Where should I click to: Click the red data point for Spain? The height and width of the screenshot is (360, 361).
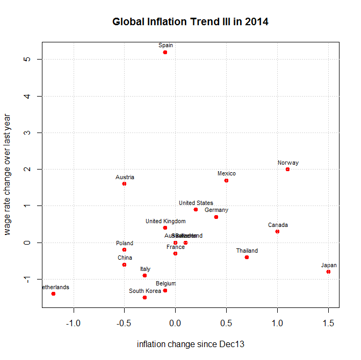[165, 52]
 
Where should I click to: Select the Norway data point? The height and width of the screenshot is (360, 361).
[287, 169]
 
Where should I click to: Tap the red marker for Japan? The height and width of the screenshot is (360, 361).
[328, 271]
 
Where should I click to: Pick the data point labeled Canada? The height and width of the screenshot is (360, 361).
[277, 231]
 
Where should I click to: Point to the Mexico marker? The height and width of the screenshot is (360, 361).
[226, 180]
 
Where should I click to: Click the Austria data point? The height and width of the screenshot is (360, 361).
[124, 183]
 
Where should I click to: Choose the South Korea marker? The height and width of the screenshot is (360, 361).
[145, 297]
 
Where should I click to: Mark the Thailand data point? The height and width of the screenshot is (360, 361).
[247, 257]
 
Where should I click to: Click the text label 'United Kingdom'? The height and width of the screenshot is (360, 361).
[165, 221]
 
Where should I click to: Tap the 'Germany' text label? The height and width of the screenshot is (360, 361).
[216, 210]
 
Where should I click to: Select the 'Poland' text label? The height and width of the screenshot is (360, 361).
[125, 243]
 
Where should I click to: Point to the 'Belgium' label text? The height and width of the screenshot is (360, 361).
[165, 283]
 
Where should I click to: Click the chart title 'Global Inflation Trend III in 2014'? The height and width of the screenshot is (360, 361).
[190, 22]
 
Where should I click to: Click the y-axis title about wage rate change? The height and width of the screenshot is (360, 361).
[8, 173]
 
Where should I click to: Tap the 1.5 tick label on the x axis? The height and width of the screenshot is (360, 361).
[328, 323]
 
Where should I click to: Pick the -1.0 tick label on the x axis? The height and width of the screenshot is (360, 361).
[73, 323]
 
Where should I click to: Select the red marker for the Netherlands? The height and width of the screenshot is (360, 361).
[53, 293]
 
